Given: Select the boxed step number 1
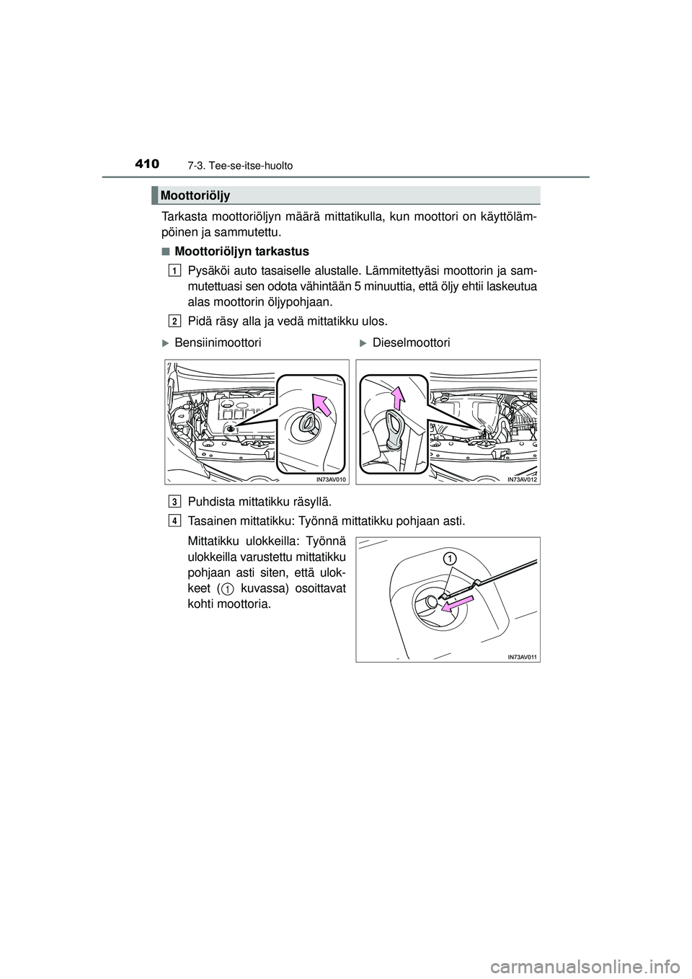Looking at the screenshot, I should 176,270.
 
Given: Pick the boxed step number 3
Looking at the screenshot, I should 176,501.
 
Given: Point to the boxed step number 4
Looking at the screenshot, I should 176,520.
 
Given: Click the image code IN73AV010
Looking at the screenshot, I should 330,478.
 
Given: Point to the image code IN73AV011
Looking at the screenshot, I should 522,656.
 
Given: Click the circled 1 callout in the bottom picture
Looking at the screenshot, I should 449,559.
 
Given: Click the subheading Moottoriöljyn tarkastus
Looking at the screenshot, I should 241,252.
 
